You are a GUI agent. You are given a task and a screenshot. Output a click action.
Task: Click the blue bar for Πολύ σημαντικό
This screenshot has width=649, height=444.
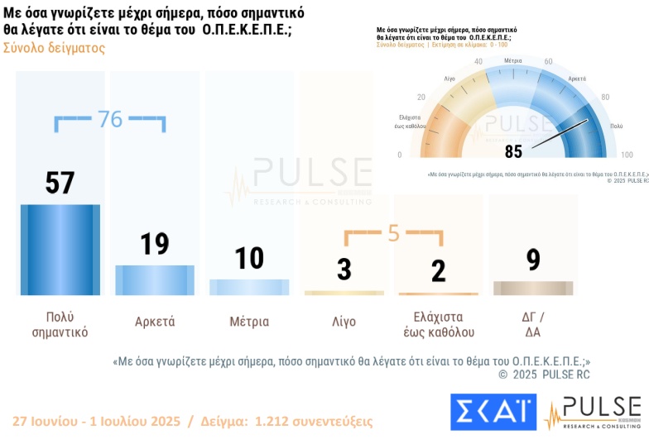60,249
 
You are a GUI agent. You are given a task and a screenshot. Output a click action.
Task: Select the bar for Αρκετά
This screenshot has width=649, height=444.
155,279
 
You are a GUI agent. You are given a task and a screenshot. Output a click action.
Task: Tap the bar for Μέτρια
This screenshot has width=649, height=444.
249,287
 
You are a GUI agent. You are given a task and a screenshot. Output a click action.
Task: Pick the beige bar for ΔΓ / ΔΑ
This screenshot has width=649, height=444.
532,288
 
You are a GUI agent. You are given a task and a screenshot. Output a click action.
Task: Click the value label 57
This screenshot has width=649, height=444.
60,183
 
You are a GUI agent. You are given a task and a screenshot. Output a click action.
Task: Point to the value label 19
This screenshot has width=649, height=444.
155,244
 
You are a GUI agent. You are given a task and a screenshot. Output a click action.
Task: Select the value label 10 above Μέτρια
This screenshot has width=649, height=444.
249,259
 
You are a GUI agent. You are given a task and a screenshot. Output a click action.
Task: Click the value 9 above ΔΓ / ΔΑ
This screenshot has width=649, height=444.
533,260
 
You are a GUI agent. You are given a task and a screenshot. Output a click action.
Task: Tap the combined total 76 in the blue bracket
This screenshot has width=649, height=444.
110,119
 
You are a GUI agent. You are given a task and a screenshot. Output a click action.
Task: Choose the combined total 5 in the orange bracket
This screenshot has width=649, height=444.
393,233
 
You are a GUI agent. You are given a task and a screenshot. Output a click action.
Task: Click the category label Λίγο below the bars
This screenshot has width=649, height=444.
344,322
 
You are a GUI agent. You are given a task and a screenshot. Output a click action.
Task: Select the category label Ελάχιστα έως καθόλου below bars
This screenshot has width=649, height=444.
438,324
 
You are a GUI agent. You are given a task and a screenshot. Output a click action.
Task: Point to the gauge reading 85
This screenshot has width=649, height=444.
513,151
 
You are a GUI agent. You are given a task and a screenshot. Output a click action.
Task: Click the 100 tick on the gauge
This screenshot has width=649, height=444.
627,155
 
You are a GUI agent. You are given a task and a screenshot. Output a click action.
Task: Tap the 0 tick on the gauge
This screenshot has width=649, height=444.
400,155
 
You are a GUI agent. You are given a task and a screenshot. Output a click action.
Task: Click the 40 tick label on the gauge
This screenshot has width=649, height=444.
478,63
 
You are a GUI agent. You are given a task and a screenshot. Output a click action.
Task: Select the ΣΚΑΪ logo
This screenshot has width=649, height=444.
493,412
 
